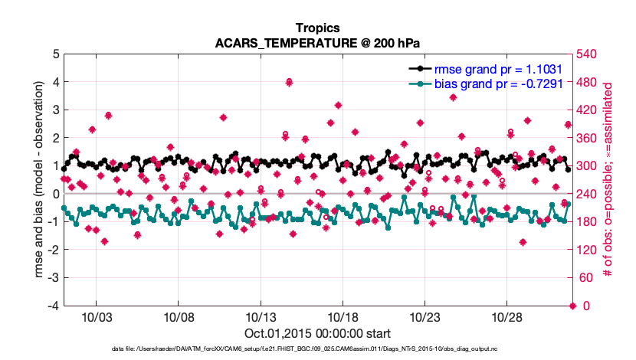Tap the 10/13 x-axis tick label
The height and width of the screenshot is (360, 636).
[260, 317]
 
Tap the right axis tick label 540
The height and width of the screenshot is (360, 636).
[590, 54]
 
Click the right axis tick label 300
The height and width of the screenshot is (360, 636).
[590, 166]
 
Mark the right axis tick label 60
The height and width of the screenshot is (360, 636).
[587, 278]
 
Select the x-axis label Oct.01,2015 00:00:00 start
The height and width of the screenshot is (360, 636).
[318, 333]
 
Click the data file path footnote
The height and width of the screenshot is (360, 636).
[318, 349]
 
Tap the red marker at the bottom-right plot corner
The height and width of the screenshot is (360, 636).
[572, 306]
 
